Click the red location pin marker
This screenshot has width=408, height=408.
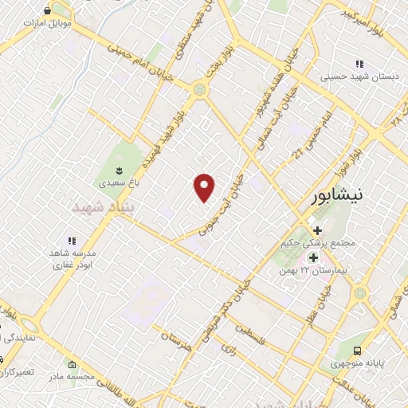(205, 186)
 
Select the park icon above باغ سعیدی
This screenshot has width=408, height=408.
(119, 170)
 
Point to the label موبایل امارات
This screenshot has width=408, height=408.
(47, 23)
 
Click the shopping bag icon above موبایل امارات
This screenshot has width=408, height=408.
(48, 10)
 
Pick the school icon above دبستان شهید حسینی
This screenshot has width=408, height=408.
(360, 64)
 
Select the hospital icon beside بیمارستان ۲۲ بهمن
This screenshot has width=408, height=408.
(312, 257)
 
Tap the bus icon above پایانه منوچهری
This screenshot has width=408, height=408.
(358, 351)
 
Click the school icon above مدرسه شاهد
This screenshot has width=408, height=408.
(71, 240)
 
